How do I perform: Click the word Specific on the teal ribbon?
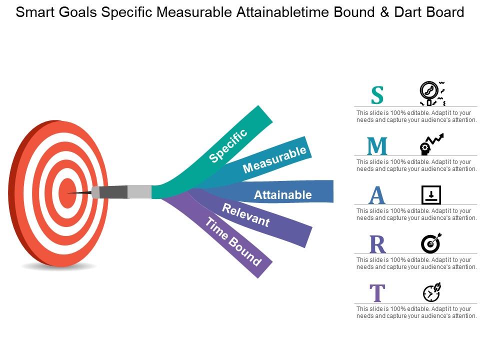tap(228, 145)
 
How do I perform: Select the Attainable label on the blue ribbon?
tap(282, 195)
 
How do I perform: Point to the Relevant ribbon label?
tap(246, 215)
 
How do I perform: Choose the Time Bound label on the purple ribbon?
tap(233, 242)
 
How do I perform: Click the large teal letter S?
tap(377, 95)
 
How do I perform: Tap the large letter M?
tap(377, 146)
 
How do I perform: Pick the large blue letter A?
tap(377, 195)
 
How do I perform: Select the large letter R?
tap(377, 244)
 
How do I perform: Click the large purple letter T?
tap(377, 293)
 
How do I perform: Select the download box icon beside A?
tap(431, 194)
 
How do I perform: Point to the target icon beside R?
tap(431, 243)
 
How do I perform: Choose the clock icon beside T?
tap(431, 292)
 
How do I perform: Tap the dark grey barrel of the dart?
tap(113, 192)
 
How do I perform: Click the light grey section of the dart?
tap(139, 191)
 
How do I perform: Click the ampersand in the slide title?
tap(383, 12)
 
